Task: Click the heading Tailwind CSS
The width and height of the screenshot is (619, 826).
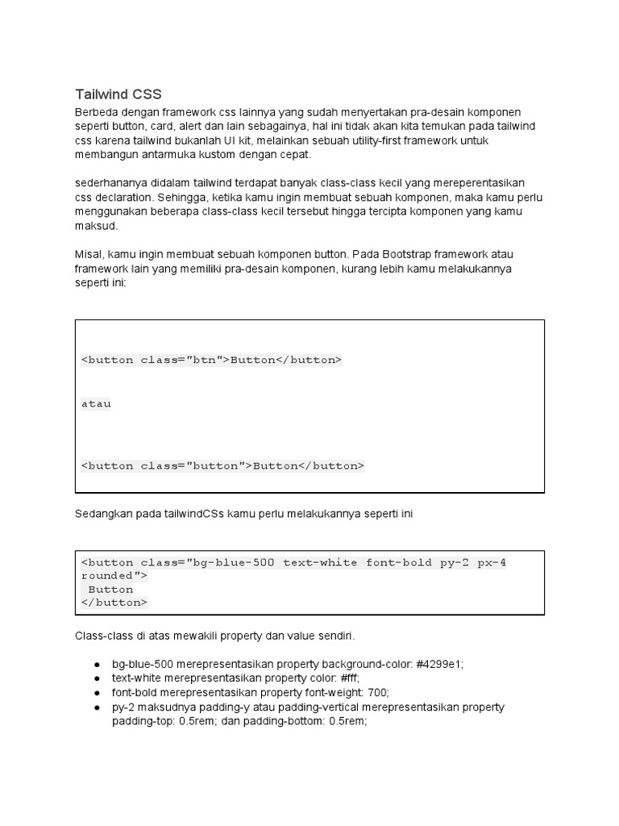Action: (x=118, y=94)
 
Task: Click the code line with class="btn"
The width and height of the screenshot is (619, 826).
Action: (x=211, y=360)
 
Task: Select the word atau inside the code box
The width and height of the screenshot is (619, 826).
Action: (x=96, y=403)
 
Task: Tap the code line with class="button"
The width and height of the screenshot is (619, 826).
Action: (x=222, y=465)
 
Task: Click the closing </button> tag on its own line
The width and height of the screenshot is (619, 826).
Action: (x=114, y=603)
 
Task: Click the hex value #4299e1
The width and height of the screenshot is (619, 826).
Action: (x=439, y=664)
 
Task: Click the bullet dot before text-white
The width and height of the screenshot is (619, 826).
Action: (x=97, y=678)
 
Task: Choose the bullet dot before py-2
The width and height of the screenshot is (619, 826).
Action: (x=97, y=707)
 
